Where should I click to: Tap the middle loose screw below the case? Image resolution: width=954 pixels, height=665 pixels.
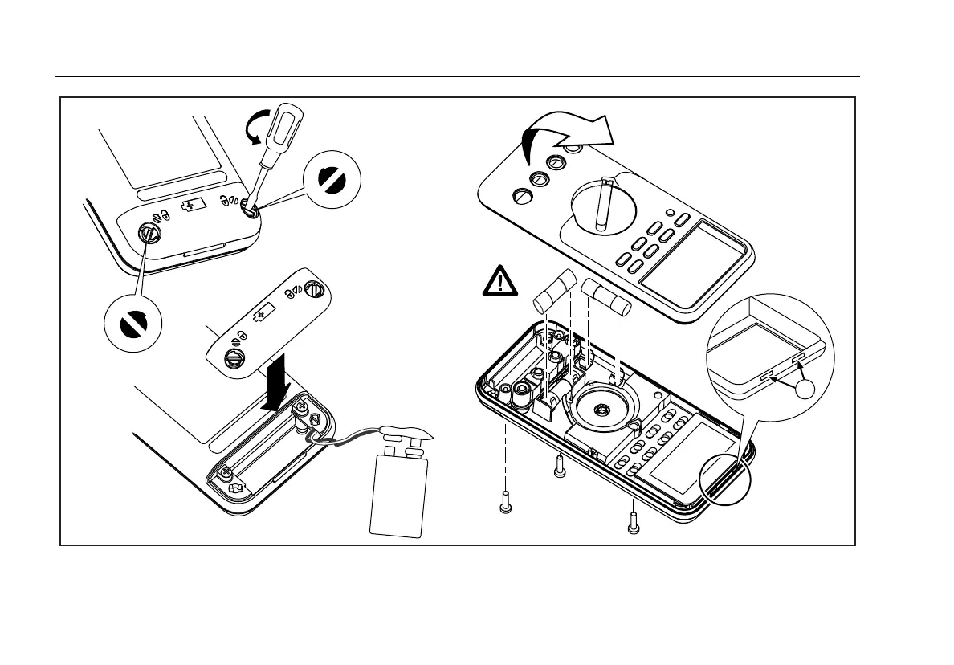[x=560, y=465]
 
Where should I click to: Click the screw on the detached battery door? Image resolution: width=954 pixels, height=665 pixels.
[x=234, y=359]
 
